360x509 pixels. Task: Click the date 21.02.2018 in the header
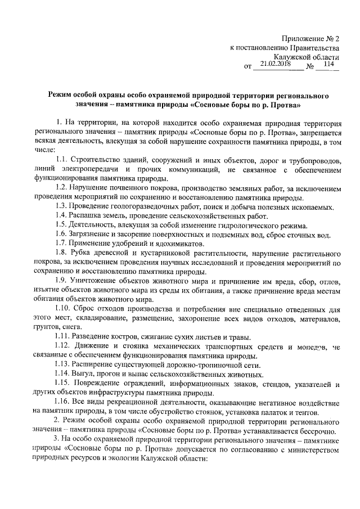tap(273, 65)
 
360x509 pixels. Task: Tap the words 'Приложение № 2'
tap(312, 39)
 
